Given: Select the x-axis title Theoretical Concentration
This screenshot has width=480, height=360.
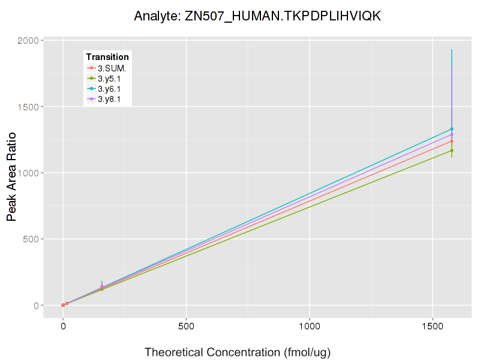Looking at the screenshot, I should (x=238, y=352).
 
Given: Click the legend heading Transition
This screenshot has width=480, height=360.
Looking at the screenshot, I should (x=107, y=57).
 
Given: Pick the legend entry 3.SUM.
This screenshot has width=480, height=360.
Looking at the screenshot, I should (x=112, y=68).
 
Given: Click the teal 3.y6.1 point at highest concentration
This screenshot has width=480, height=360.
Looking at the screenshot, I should (x=452, y=129).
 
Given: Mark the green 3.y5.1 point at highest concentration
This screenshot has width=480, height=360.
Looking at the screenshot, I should (x=452, y=151).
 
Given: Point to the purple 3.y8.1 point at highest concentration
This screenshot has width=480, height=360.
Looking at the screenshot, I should (x=452, y=134).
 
